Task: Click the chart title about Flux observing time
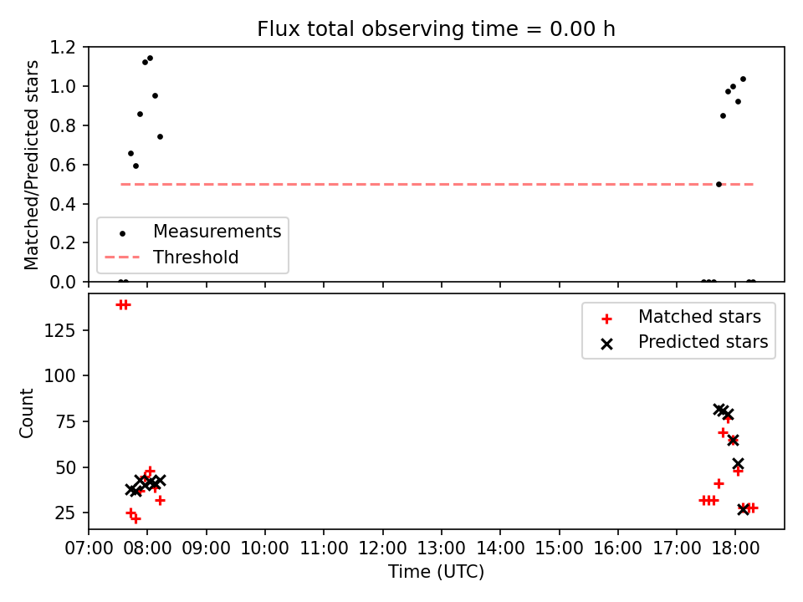[436, 29]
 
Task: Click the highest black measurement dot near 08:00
[150, 59]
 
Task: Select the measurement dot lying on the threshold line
[719, 184]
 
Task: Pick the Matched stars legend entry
[681, 318]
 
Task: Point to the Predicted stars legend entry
[684, 342]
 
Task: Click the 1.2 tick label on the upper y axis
[63, 47]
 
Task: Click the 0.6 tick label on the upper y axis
[63, 165]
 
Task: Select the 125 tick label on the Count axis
[59, 331]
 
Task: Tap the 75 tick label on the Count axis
[65, 421]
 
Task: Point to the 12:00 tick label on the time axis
[382, 548]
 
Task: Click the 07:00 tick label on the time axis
[89, 548]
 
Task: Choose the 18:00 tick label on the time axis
[735, 548]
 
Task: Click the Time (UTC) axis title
[437, 572]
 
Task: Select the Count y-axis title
[26, 413]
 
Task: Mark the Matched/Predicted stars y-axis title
[31, 165]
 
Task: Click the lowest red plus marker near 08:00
[136, 518]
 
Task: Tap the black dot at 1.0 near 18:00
[733, 87]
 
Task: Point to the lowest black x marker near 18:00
[743, 509]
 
